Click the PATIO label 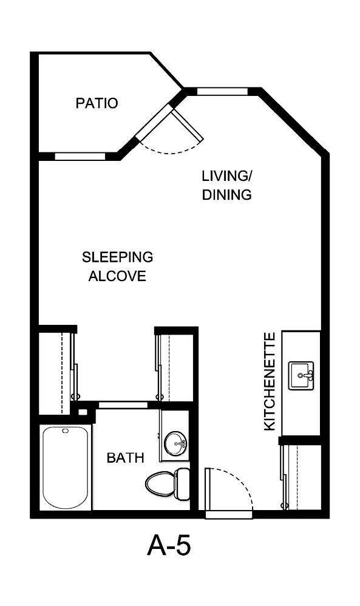pos(97,103)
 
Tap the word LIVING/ pos(226,176)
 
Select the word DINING pos(226,195)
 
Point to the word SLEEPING pos(117,257)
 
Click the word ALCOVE pos(117,276)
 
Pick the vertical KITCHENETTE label pos(271,381)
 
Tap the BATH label pos(125,457)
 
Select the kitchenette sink pos(302,376)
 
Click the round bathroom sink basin pos(177,441)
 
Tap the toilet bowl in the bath pos(159,483)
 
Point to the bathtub pos(64,467)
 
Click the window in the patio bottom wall pos(80,156)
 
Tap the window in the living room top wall pos(222,92)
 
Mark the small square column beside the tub pos(83,412)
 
